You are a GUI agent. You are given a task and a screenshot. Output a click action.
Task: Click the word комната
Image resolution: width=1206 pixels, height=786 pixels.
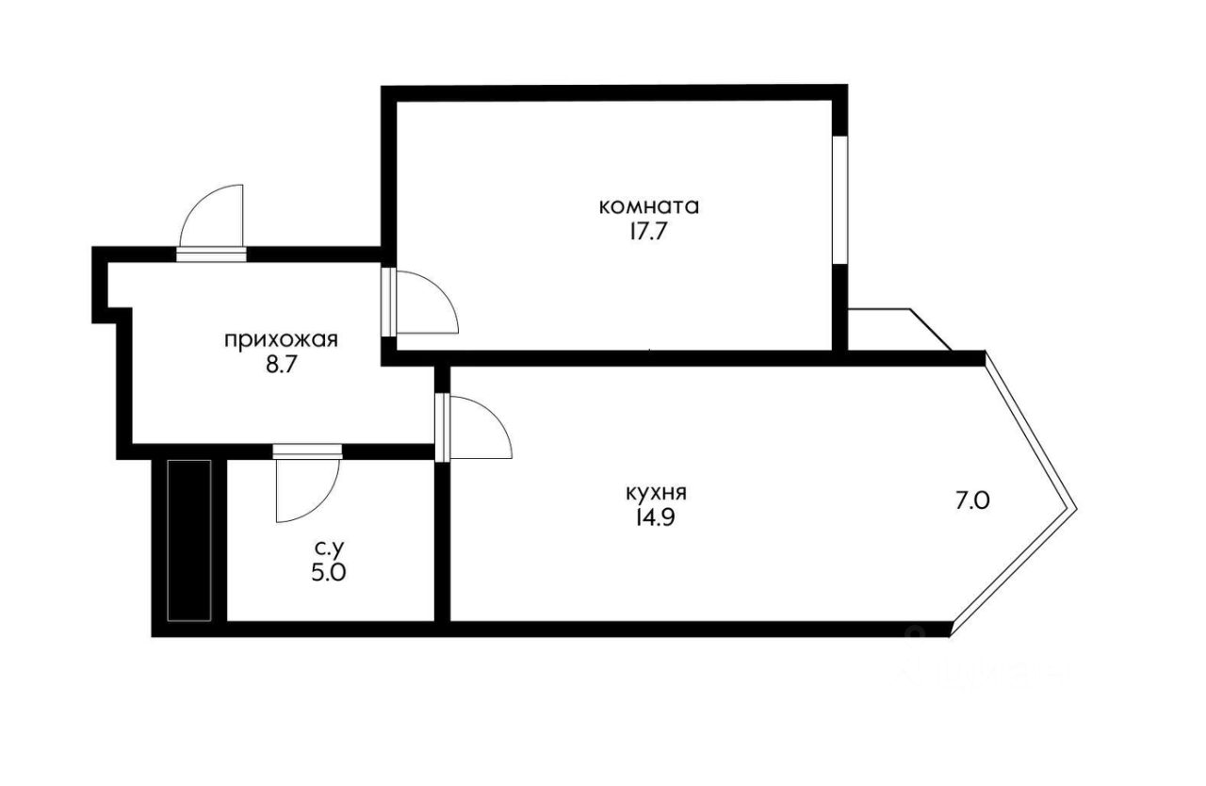click(649, 205)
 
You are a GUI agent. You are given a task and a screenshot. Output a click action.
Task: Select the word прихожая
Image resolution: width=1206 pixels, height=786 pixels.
click(281, 339)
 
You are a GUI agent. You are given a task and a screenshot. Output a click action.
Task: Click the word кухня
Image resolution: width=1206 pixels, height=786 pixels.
click(656, 492)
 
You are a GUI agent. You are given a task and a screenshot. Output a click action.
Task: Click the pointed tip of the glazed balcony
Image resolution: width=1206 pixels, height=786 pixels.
click(1073, 507)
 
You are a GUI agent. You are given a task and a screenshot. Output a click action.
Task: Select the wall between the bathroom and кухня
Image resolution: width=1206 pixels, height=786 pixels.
click(442, 542)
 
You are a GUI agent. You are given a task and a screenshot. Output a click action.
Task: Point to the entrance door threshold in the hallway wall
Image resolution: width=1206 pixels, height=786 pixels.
click(211, 254)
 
